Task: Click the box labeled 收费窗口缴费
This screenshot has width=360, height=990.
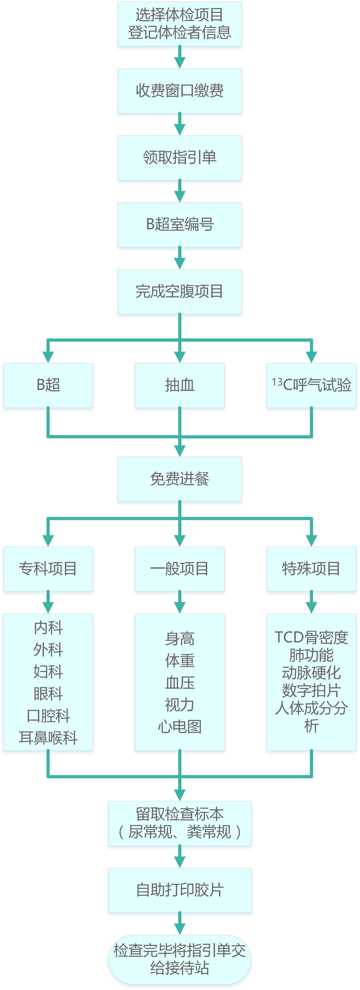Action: click(180, 91)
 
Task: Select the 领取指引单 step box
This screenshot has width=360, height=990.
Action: click(180, 158)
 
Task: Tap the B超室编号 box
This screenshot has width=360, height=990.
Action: click(180, 225)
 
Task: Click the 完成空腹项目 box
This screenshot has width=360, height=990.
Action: click(180, 292)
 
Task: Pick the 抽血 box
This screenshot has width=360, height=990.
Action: click(180, 385)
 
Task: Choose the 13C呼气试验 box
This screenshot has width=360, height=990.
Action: click(311, 385)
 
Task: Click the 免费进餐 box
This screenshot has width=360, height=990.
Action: click(180, 479)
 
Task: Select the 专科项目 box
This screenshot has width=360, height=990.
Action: click(48, 568)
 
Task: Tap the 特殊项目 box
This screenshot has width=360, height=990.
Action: click(311, 568)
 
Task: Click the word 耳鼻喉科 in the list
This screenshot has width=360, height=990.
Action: click(48, 737)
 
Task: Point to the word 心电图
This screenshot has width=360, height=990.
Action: click(180, 726)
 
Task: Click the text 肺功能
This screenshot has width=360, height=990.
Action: click(311, 655)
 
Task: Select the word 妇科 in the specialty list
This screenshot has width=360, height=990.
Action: click(48, 671)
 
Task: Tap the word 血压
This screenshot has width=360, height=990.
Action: click(180, 683)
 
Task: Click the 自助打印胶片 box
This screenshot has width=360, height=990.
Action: click(180, 890)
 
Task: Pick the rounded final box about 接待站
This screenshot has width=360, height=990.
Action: click(180, 959)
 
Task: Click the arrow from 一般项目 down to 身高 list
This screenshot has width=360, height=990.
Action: click(180, 602)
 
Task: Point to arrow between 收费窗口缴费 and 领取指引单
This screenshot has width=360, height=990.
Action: click(180, 124)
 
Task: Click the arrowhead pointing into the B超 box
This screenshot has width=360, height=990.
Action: click(48, 357)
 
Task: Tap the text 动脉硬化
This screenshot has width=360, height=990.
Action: click(311, 673)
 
